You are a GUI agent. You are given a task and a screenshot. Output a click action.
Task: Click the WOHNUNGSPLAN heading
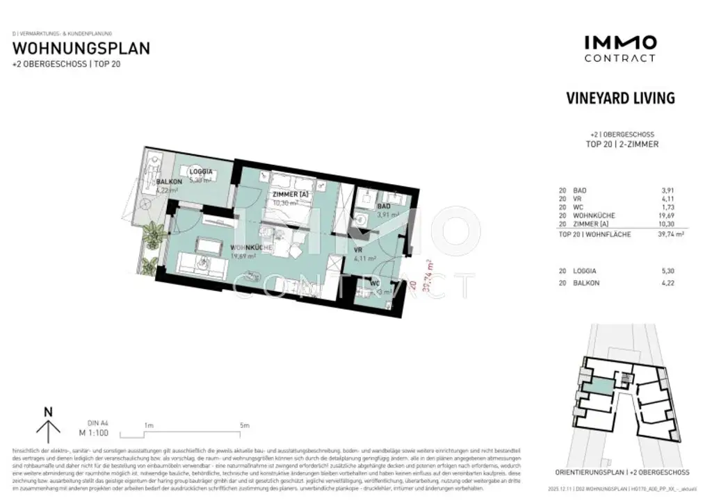point(81,49)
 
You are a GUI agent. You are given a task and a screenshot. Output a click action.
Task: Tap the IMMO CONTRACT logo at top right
point(620,48)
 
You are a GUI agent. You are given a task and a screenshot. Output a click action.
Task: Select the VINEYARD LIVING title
point(621,98)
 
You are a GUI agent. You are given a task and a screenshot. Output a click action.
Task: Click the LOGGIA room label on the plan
point(201,171)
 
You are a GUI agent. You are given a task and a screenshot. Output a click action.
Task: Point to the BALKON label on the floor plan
point(169,182)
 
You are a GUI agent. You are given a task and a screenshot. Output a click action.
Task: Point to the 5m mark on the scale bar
point(244,425)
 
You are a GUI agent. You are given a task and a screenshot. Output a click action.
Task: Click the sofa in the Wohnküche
point(197,263)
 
